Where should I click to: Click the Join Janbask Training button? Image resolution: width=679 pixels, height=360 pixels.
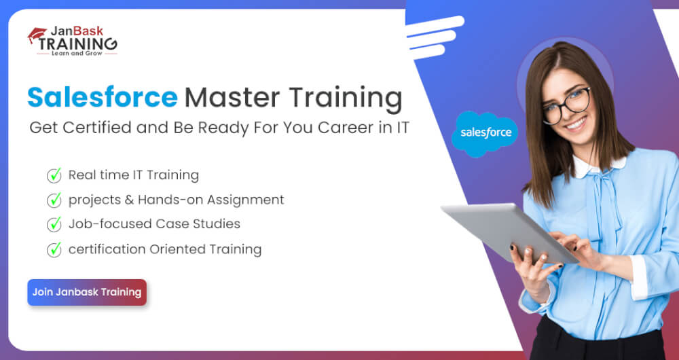(x=87, y=293)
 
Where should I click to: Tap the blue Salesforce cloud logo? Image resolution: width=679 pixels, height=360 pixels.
(x=485, y=133)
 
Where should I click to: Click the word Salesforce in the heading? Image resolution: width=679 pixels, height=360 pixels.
(x=103, y=98)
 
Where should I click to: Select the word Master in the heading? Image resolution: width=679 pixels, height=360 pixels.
(x=232, y=98)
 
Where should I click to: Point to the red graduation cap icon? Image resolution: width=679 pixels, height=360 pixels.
(x=37, y=35)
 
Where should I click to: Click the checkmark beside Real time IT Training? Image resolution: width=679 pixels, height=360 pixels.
(x=54, y=175)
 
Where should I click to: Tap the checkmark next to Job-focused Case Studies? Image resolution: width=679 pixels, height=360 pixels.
(x=54, y=224)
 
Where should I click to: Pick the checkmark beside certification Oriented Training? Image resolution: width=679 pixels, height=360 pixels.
(x=54, y=249)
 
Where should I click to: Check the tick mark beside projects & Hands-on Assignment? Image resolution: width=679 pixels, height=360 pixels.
(x=54, y=200)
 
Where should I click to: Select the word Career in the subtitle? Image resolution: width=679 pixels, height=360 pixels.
(x=350, y=128)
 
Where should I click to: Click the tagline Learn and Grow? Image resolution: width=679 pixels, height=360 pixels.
(x=77, y=53)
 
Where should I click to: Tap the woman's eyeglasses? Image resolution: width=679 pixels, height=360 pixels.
(x=566, y=105)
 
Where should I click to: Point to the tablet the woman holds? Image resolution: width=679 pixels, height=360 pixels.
(x=509, y=232)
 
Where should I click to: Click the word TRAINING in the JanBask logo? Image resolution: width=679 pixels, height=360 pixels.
(x=77, y=43)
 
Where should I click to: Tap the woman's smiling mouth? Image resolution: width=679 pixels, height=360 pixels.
(x=576, y=125)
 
